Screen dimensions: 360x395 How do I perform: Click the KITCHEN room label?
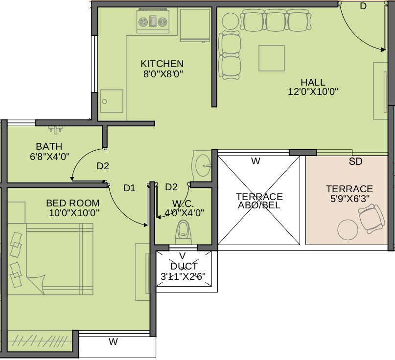coord(162,64)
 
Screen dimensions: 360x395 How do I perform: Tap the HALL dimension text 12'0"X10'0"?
coord(313,91)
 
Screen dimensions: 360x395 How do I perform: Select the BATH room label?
coord(49,146)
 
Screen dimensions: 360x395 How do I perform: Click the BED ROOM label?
coord(73,202)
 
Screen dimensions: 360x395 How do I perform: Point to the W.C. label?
coord(183,202)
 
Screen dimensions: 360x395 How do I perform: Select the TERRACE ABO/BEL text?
coord(259,201)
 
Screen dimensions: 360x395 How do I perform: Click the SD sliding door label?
coord(355,161)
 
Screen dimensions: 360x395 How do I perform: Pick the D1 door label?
coord(129,187)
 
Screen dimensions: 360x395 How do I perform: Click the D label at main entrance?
coord(363,6)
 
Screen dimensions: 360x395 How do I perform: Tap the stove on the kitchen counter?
coord(152,22)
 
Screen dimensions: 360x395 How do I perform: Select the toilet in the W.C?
coord(183,231)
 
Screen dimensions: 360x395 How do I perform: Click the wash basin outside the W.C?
coord(202,165)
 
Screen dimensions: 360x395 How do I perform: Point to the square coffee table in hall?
coord(272,58)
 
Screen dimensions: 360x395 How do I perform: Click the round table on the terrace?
coord(348,229)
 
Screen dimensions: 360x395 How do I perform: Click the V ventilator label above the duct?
coord(182,255)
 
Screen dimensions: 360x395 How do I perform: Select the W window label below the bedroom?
coord(113,342)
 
